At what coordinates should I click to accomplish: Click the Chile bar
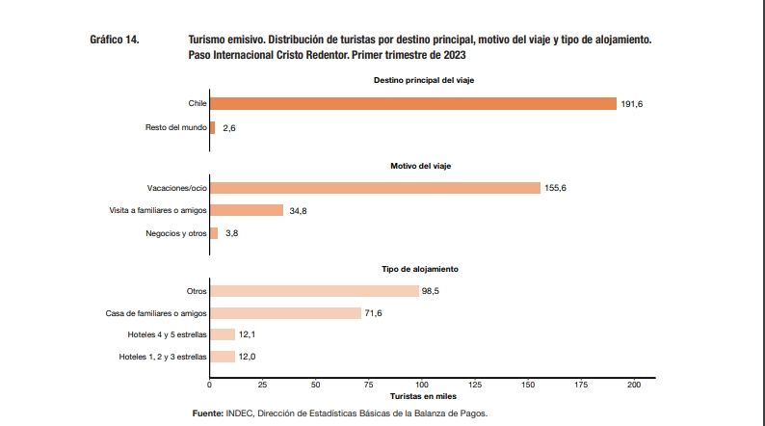[x=412, y=103]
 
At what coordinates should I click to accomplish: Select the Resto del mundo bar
[x=213, y=127]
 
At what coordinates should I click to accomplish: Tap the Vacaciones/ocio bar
[x=375, y=188]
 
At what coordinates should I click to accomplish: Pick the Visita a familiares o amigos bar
[x=247, y=210]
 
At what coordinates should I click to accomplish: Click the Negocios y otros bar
[x=214, y=232]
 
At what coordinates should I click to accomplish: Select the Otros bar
[x=314, y=291]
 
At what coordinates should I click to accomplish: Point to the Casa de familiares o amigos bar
[x=286, y=313]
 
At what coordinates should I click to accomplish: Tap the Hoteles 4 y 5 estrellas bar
[x=223, y=334]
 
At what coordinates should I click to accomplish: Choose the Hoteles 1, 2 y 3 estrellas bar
[x=223, y=357]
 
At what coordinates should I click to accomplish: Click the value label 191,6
[x=632, y=103]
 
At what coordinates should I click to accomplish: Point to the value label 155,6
[x=556, y=188]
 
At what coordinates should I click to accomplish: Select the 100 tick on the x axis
[x=422, y=385]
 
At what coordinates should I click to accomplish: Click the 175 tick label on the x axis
[x=581, y=385]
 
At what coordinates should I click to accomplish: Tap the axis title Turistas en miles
[x=423, y=396]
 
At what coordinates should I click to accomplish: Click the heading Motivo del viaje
[x=422, y=166]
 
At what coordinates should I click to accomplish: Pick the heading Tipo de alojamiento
[x=423, y=268]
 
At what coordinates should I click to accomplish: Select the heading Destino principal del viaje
[x=423, y=80]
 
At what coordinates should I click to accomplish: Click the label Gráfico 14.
[x=115, y=40]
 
